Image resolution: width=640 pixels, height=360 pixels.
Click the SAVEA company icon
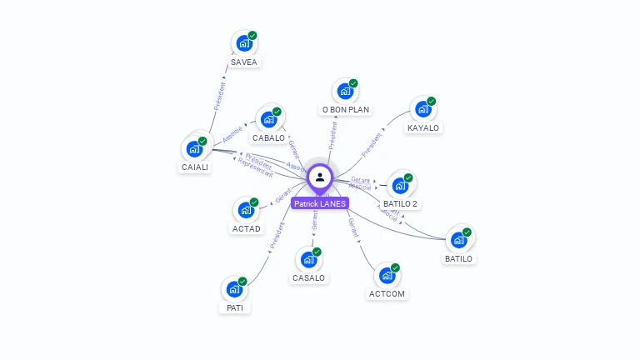click(243, 42)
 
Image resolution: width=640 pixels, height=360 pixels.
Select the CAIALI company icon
click(194, 148)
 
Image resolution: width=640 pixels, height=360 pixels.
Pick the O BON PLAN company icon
click(345, 91)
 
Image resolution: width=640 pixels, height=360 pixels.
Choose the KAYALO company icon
click(422, 108)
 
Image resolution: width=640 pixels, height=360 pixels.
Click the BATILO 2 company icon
click(400, 184)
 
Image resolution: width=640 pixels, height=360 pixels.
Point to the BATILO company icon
click(458, 239)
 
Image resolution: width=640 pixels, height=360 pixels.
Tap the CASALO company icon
click(308, 258)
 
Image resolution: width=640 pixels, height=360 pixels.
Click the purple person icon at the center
click(320, 177)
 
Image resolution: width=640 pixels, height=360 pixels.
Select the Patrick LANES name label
click(320, 203)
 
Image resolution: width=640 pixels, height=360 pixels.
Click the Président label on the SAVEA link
click(219, 95)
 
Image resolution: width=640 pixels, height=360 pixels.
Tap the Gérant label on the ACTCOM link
click(353, 228)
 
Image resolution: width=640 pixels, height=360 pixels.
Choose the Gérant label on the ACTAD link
click(282, 199)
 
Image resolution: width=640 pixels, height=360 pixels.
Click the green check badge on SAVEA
click(252, 36)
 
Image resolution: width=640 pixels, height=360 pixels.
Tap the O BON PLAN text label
click(345, 109)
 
